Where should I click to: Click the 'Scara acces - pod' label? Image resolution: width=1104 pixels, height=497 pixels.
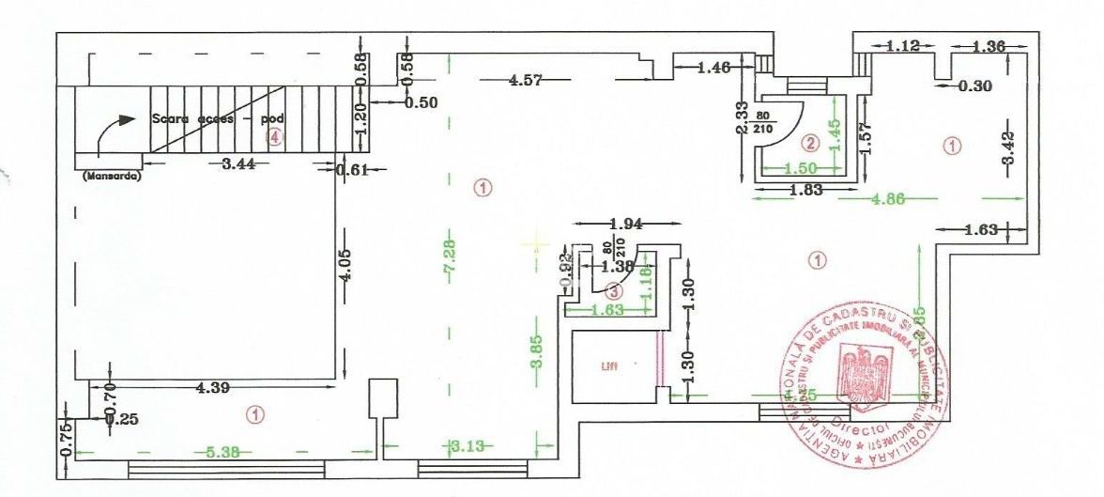217,120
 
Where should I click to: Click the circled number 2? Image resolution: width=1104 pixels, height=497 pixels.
810,144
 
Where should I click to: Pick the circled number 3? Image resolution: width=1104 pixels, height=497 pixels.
613,290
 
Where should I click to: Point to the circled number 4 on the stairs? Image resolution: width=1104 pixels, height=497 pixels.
274,137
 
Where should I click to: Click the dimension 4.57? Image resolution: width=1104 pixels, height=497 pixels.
526,81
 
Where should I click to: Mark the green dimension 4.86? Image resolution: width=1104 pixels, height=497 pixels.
892,198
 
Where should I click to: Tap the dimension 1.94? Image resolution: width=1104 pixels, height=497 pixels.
626,225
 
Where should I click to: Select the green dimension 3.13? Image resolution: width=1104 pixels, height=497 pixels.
467,445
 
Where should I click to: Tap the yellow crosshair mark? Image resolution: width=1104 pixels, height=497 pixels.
535,244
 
